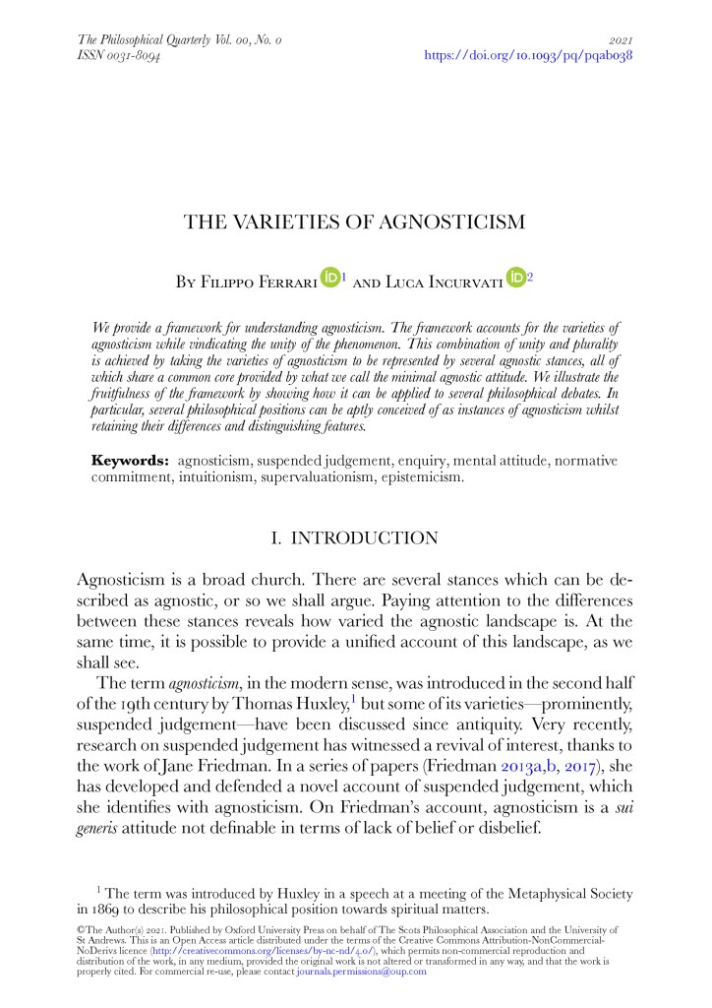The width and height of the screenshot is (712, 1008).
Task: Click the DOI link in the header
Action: [x=527, y=56]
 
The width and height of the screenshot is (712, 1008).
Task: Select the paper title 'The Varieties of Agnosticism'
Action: [x=355, y=222]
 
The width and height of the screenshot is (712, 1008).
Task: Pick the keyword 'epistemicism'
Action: [x=423, y=477]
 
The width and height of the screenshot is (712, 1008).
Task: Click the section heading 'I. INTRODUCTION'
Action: [x=354, y=537]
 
